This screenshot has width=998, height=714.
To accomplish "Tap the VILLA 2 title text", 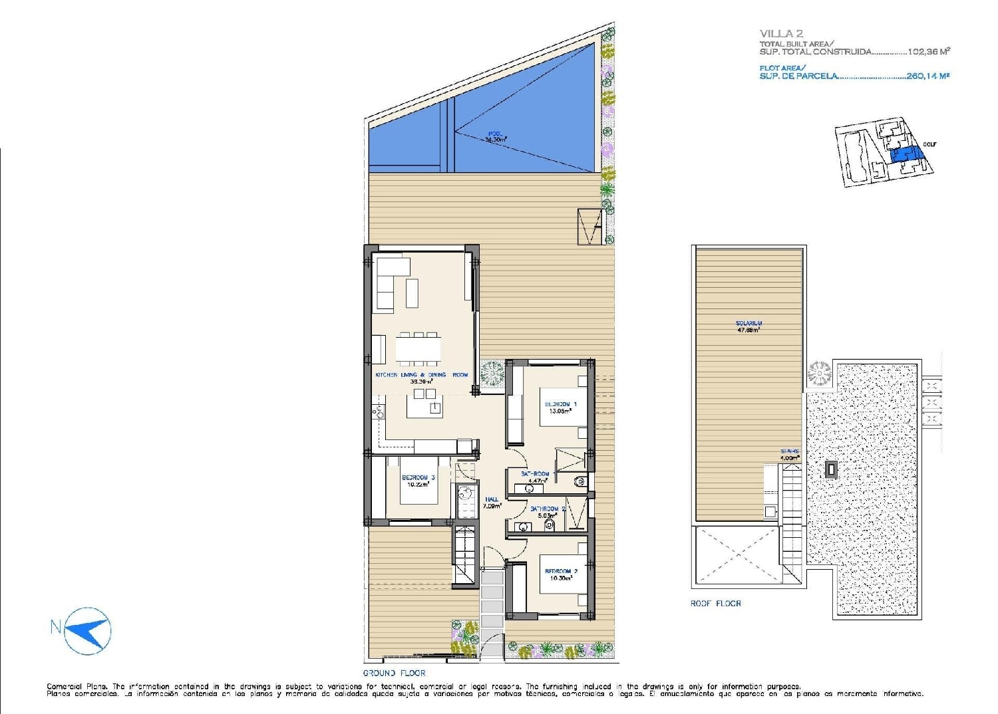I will (x=781, y=34).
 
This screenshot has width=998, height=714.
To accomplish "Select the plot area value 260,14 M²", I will (x=927, y=76).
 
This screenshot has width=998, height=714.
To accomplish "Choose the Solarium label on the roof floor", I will (x=748, y=326).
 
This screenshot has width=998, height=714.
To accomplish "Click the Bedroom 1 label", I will (x=560, y=407).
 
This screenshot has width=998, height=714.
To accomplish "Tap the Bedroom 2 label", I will (x=561, y=574).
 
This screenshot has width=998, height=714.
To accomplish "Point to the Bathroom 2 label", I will (x=547, y=511).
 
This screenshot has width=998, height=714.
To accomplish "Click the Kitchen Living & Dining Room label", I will (x=421, y=378).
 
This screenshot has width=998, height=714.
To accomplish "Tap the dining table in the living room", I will (x=418, y=348).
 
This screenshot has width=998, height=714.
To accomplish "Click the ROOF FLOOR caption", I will (x=715, y=604).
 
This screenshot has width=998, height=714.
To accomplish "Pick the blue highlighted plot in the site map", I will (x=906, y=154).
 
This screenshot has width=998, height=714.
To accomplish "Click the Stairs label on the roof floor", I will (x=790, y=454).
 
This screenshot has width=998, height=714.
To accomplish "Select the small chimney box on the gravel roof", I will (x=831, y=470).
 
